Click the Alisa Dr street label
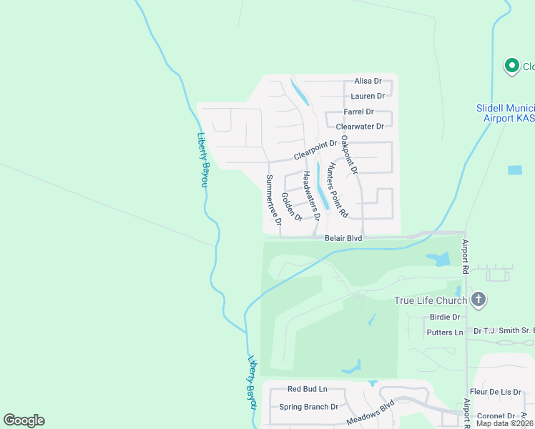368,82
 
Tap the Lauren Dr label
368,96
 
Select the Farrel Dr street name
358,112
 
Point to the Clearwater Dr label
360,127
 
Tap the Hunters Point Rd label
336,189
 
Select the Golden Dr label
292,206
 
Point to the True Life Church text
431,300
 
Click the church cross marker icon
478,300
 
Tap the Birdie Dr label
445,317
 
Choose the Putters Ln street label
444,332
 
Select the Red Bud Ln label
307,389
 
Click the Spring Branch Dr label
308,407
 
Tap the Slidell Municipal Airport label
505,114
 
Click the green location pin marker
511,66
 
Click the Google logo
24,420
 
